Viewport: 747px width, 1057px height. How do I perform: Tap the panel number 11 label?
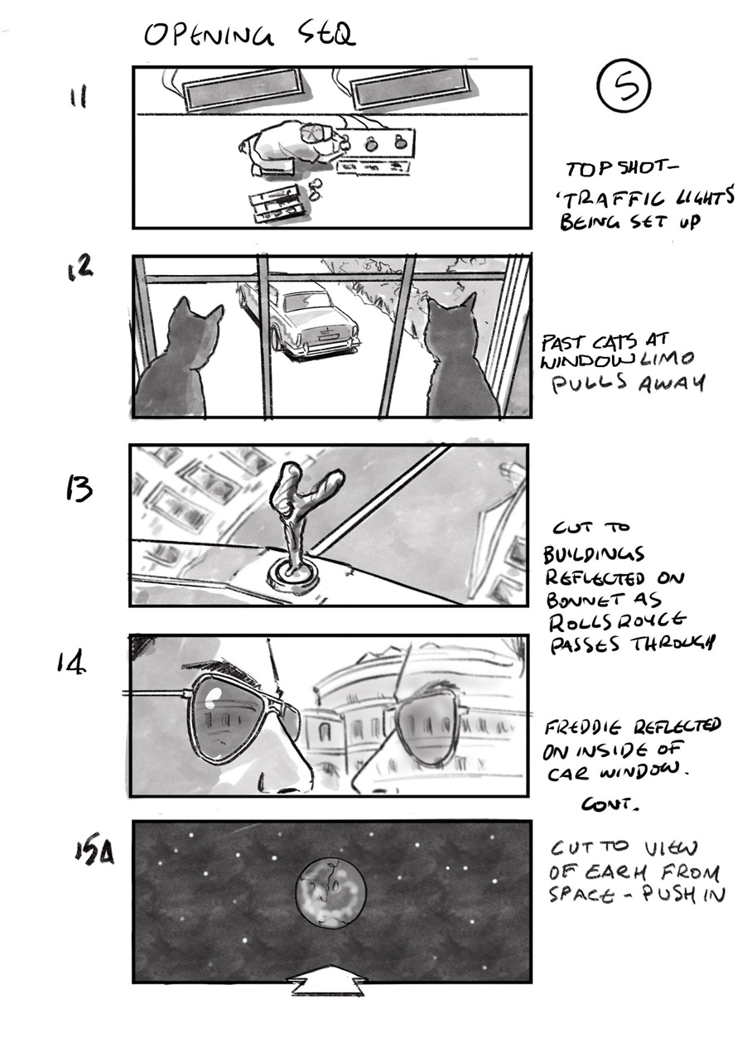point(78,98)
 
